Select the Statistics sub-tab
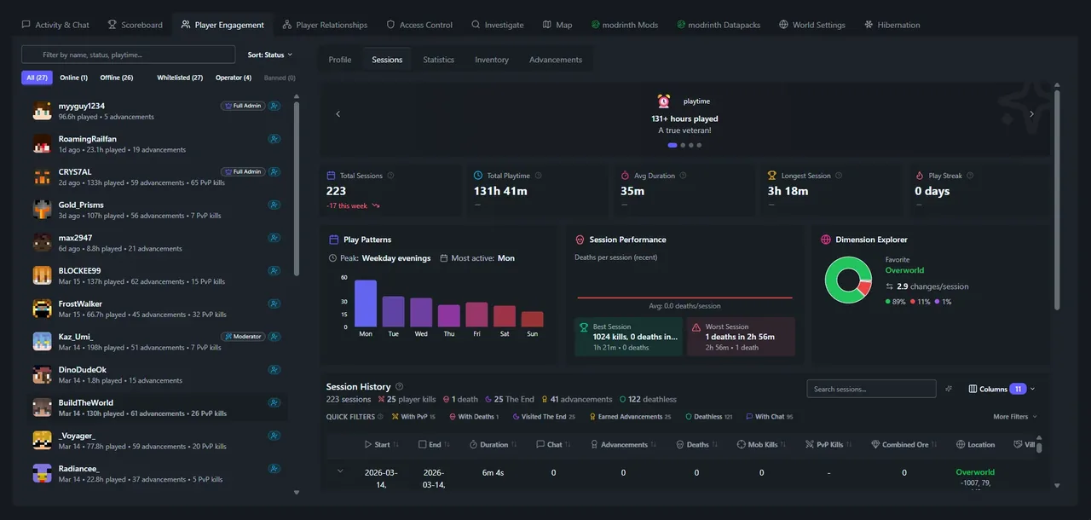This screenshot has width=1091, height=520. [438, 60]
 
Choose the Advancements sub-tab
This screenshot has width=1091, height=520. [555, 60]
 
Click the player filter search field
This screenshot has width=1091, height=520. [128, 55]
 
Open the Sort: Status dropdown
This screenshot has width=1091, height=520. [269, 55]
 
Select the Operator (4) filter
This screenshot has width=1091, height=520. [233, 78]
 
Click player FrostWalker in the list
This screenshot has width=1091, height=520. [80, 303]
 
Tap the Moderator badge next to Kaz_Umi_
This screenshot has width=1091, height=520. [243, 337]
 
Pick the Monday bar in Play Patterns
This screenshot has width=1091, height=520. [365, 303]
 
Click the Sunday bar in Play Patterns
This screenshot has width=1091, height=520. [532, 319]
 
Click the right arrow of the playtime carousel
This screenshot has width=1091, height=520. [1031, 114]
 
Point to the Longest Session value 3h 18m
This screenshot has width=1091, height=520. [787, 191]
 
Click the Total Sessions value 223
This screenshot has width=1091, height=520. [336, 191]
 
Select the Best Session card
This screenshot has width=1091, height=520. [627, 337]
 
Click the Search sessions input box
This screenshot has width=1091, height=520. [871, 389]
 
